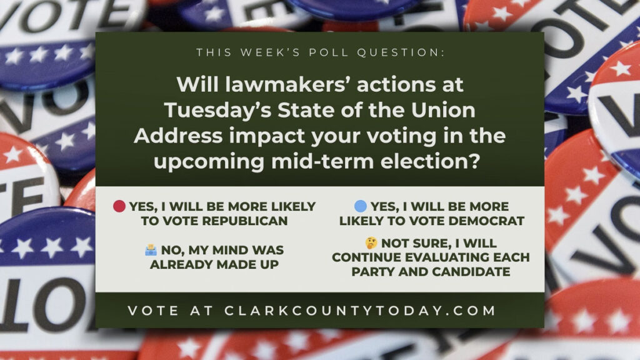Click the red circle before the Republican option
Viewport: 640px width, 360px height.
coord(120,207)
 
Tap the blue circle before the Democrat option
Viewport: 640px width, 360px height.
coord(360,207)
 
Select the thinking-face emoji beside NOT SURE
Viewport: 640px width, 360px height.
coord(371,243)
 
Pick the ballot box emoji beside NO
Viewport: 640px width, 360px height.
coord(150,250)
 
